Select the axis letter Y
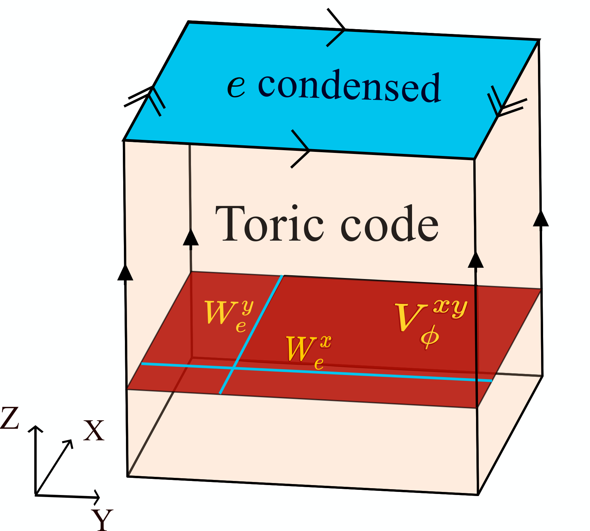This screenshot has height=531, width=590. [x=102, y=519]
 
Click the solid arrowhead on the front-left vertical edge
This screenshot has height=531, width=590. [x=125, y=273]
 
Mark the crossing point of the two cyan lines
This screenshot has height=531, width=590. [x=233, y=368]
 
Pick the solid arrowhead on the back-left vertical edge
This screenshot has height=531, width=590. [x=191, y=238]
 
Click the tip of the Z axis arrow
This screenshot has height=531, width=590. [x=35, y=427]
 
